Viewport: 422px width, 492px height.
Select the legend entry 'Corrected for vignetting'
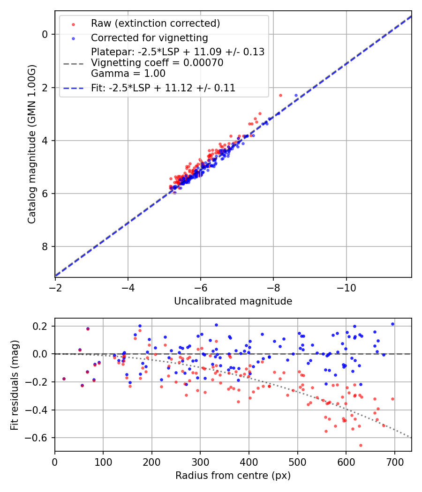(x=149, y=37)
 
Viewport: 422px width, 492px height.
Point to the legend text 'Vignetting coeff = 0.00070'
(x=157, y=62)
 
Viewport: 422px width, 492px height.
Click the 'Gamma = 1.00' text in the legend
(x=128, y=73)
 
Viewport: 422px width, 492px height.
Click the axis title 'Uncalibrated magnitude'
(x=233, y=301)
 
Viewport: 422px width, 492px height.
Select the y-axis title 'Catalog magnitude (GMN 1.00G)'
(x=31, y=144)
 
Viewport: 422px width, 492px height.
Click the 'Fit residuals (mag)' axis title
(x=15, y=384)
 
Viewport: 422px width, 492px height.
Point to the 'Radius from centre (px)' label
(x=233, y=476)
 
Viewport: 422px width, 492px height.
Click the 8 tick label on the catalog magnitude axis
(x=45, y=246)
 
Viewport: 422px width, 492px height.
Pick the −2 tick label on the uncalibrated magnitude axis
(x=55, y=286)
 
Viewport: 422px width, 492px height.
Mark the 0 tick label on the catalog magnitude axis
(x=45, y=34)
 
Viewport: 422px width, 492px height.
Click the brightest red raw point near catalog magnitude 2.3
(x=280, y=95)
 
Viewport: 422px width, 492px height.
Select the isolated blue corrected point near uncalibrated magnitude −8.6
(x=296, y=95)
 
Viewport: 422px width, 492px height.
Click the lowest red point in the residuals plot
(x=361, y=445)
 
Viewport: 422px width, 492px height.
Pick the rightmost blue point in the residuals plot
(x=392, y=324)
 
